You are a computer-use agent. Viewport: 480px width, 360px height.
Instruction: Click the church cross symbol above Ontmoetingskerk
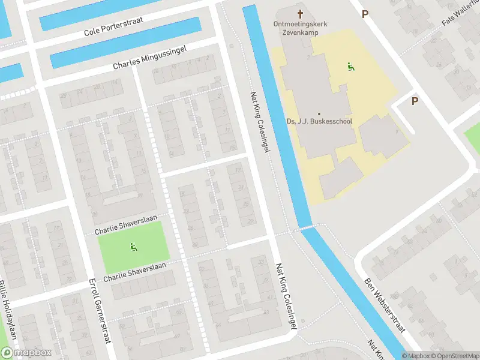point(300,13)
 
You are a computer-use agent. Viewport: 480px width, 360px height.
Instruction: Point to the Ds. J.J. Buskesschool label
point(319,121)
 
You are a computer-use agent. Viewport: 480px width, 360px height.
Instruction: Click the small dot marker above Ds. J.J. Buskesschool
point(319,113)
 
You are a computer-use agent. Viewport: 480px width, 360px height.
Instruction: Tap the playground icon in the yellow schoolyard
point(350,66)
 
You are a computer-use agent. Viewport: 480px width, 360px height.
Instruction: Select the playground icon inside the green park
point(132,247)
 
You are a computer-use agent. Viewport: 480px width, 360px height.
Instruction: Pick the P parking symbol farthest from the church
point(415,101)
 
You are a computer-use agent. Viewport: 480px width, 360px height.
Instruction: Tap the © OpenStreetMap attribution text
point(454,356)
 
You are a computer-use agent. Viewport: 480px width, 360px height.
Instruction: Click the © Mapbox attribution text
point(416,356)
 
